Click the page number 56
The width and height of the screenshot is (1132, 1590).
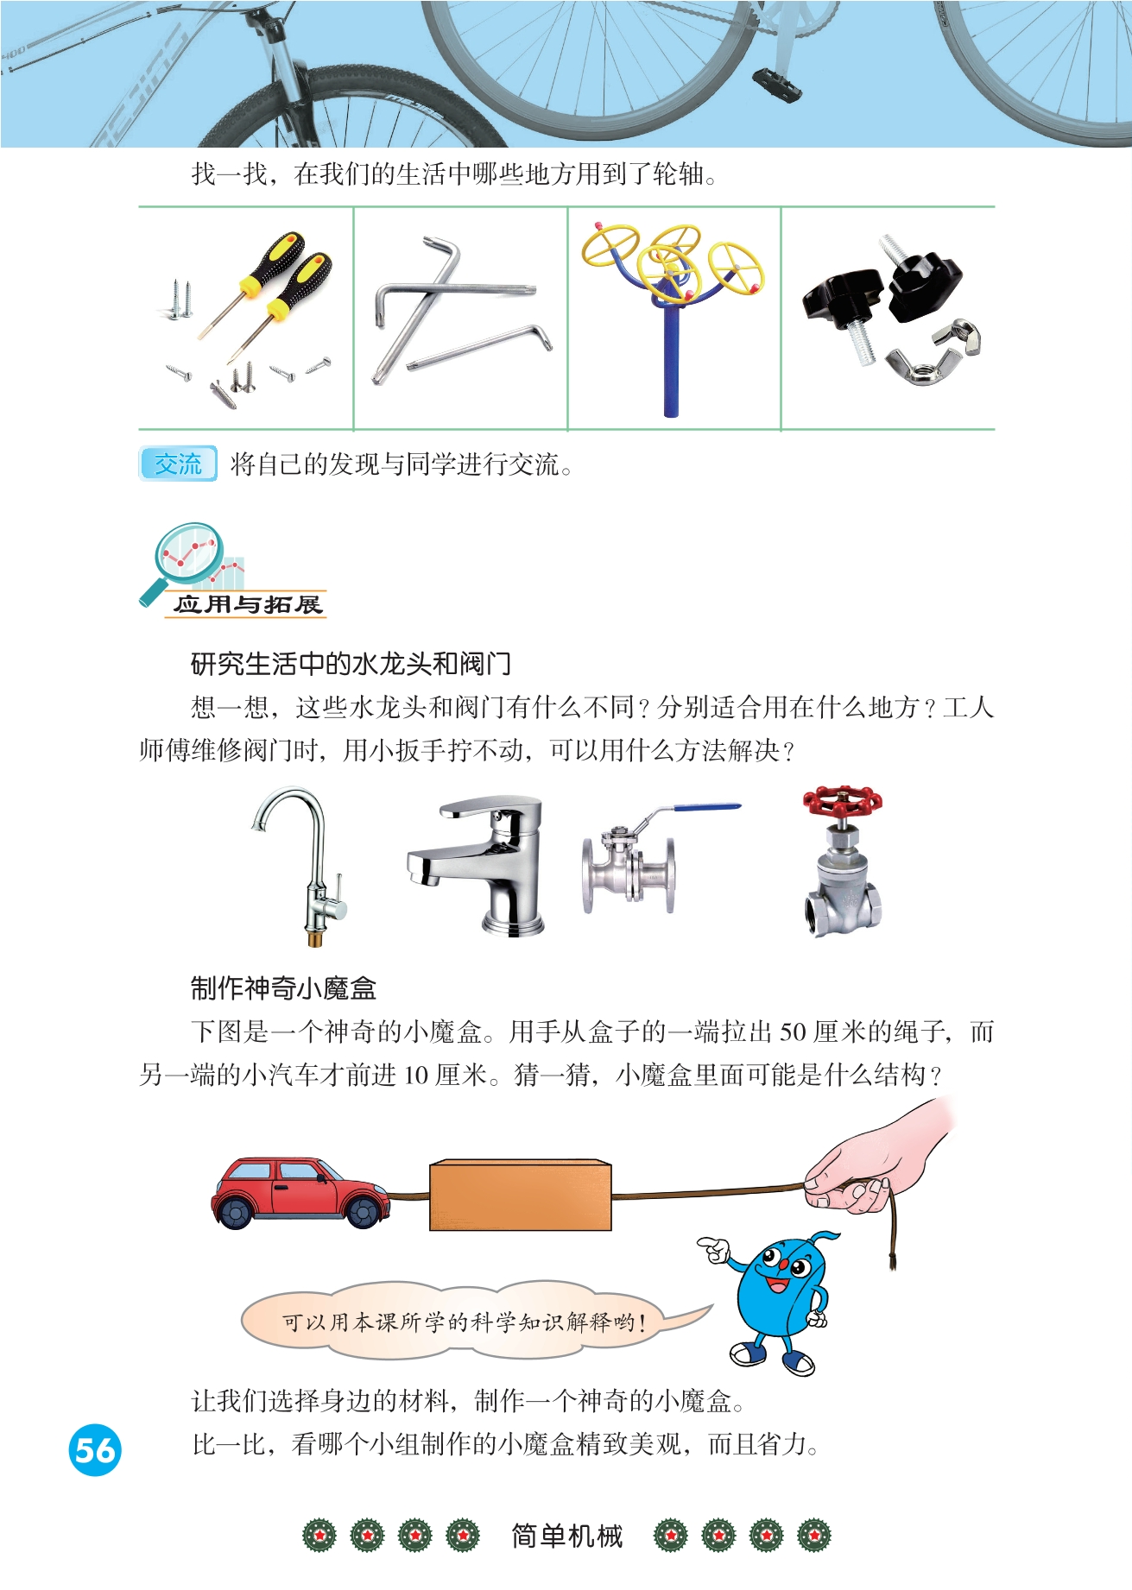[95, 1449]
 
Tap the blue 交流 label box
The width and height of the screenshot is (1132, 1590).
[178, 464]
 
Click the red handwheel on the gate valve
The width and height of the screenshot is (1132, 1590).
[842, 802]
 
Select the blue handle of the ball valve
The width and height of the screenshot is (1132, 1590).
[706, 808]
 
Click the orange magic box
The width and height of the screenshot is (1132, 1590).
[521, 1196]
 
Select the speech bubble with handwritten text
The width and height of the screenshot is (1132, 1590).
[466, 1321]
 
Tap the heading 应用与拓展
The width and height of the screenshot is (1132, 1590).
[247, 604]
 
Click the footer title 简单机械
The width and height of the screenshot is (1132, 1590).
[566, 1536]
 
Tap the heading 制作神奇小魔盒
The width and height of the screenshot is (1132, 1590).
[283, 987]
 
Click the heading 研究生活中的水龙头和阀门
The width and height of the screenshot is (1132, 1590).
[351, 664]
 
